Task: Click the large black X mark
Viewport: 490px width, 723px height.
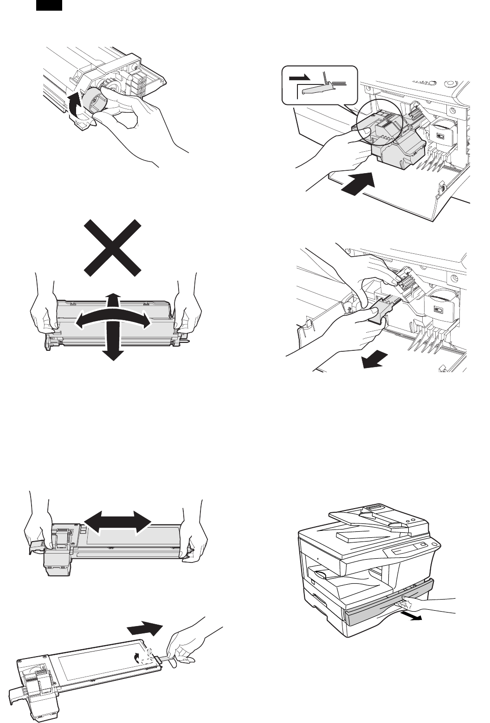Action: coord(112,247)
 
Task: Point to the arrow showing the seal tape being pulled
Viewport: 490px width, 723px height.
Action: coord(144,629)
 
